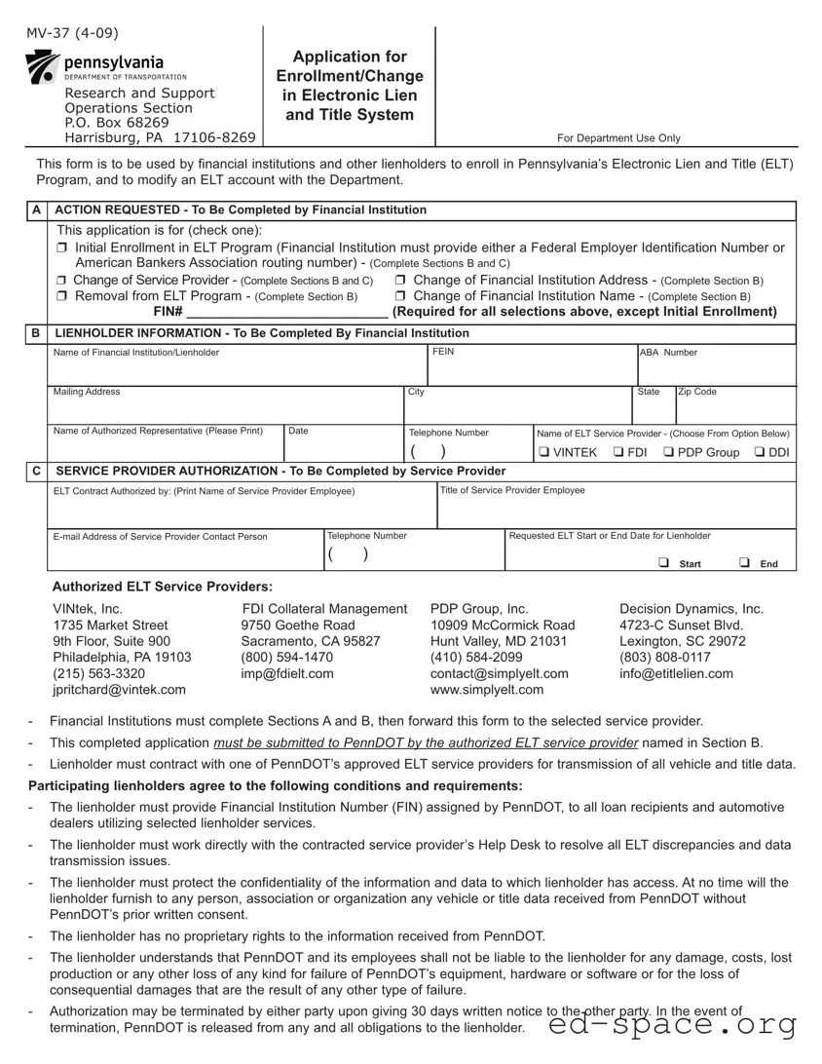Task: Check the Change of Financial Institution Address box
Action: (402, 281)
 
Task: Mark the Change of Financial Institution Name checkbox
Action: (402, 296)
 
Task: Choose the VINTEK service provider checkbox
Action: (544, 452)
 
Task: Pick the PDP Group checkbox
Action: (669, 452)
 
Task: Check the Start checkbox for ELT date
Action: (662, 562)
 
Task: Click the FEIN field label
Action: (443, 352)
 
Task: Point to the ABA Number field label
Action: (668, 353)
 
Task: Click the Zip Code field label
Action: (697, 392)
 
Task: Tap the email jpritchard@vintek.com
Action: (119, 689)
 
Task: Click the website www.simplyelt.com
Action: (487, 689)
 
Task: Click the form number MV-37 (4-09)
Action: (73, 34)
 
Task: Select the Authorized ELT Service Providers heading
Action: (162, 586)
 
